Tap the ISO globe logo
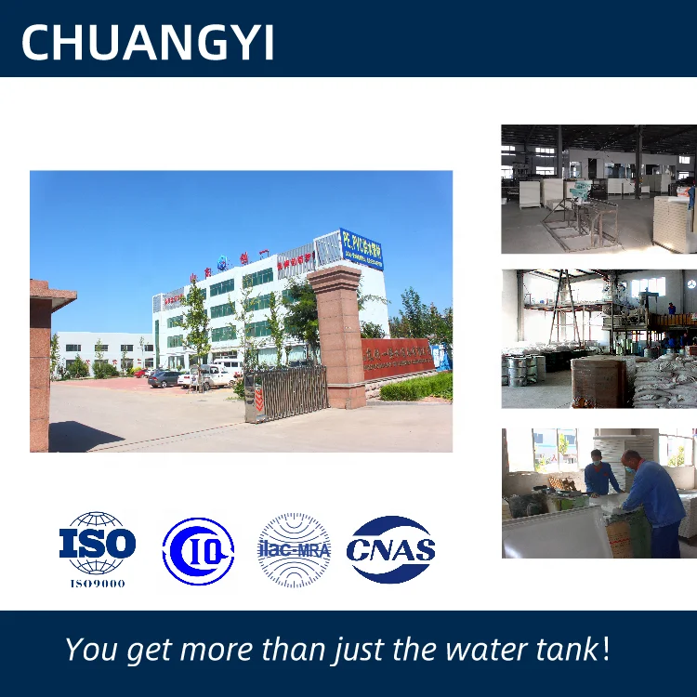98,543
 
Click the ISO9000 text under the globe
98,584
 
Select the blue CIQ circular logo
198,551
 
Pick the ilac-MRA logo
294,550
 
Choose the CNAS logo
391,549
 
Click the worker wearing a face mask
599,474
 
